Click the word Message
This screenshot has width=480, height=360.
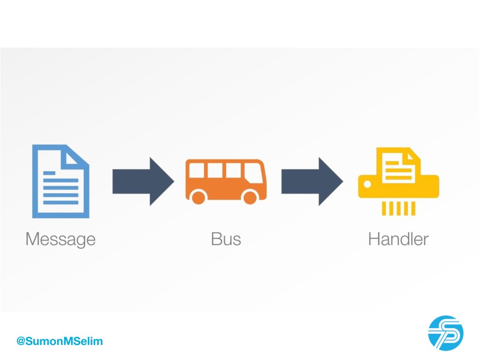(x=60, y=240)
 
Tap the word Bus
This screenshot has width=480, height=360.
(x=226, y=239)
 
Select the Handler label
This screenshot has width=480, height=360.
(x=398, y=239)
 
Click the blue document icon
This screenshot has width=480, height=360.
(x=60, y=181)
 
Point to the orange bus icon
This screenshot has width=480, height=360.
(x=225, y=181)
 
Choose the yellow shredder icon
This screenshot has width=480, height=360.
(x=398, y=181)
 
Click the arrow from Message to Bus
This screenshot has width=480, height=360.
(x=142, y=181)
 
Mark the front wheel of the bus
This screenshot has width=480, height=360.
(x=250, y=197)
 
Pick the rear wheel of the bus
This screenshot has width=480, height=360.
(x=199, y=197)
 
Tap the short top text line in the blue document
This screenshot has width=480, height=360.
(x=49, y=173)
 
